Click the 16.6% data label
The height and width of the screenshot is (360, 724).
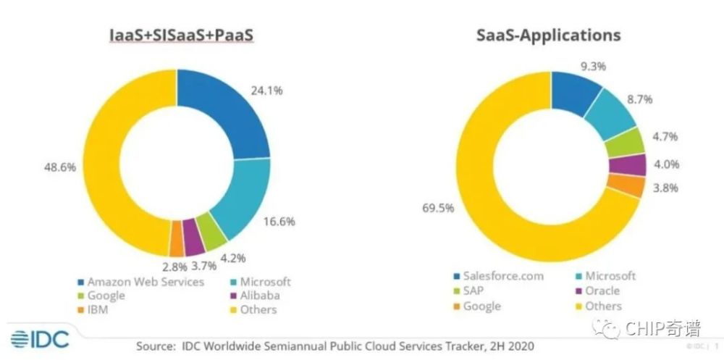[x=278, y=222]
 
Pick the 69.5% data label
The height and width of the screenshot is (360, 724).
[x=437, y=209]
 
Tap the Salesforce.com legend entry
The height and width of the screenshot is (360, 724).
[x=498, y=276]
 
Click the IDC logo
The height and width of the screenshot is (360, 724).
[x=38, y=338]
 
